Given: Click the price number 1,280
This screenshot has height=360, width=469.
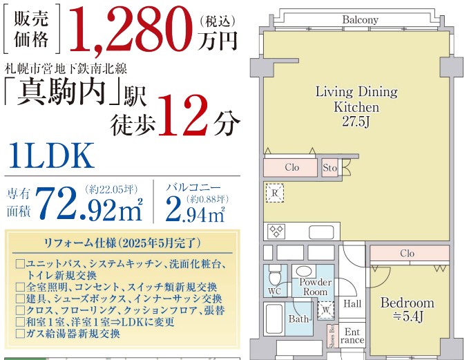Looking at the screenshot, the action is coord(131,29).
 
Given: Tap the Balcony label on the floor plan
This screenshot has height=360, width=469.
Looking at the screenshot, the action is coord(360,20).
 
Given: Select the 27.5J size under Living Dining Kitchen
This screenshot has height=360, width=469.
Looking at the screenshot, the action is coord(356,122).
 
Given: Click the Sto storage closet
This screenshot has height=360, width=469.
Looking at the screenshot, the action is coord(330,168).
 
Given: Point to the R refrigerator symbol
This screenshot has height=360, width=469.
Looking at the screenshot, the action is coord(275,193).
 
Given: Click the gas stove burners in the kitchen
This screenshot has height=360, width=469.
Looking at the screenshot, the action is coord(276,231).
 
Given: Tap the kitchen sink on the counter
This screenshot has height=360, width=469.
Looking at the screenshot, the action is coord(321,232).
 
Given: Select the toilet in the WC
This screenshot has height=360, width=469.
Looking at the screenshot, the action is coord(275,276).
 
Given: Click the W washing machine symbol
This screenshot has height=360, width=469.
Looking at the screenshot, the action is coord(326,310).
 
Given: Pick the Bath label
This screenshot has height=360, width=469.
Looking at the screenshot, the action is coord(298,319).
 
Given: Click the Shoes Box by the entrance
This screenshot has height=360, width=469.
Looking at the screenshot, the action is coord(331,337).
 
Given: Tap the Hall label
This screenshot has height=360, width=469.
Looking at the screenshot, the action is coord(352,304).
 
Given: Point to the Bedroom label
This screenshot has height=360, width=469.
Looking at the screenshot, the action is coord(407,303).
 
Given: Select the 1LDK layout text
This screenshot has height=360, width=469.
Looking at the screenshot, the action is coord(51,155).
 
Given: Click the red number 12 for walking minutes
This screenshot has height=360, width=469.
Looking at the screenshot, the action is coord(183,115).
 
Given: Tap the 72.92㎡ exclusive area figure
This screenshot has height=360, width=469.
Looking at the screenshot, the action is coord(88,203).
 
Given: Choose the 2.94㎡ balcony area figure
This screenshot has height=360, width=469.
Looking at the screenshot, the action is coord(195,209).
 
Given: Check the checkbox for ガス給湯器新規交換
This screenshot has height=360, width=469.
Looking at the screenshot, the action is coord(20,334).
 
